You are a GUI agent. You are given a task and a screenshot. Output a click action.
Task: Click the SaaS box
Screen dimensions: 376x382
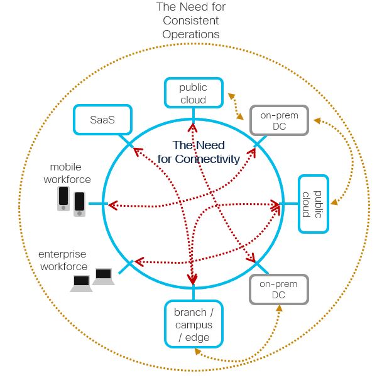(x=102, y=119)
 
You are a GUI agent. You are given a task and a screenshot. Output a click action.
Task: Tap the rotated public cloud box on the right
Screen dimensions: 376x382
(x=313, y=204)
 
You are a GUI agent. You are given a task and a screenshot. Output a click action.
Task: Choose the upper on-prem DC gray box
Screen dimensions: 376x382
(x=278, y=120)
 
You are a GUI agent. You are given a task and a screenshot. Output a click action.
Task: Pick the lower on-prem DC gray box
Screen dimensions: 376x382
(x=278, y=290)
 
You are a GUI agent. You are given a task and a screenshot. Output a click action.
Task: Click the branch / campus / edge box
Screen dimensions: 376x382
(x=194, y=324)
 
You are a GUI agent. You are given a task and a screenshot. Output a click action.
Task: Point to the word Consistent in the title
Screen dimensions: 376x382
(x=191, y=21)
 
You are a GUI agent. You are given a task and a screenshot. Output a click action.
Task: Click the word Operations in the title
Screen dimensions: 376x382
(x=191, y=34)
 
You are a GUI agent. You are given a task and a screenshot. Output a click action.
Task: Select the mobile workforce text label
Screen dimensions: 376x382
(x=70, y=174)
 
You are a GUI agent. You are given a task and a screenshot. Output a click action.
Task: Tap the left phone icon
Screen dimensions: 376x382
(x=63, y=199)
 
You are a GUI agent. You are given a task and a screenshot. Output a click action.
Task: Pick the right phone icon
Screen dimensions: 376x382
(x=79, y=204)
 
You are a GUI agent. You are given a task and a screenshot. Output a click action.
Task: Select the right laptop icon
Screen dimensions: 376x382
(x=103, y=276)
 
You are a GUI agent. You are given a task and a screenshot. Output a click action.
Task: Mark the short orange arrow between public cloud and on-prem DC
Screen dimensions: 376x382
(x=236, y=107)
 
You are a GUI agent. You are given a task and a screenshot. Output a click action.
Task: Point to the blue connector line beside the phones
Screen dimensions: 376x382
(x=95, y=204)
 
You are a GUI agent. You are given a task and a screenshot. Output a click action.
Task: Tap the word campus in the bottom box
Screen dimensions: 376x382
(x=194, y=325)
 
